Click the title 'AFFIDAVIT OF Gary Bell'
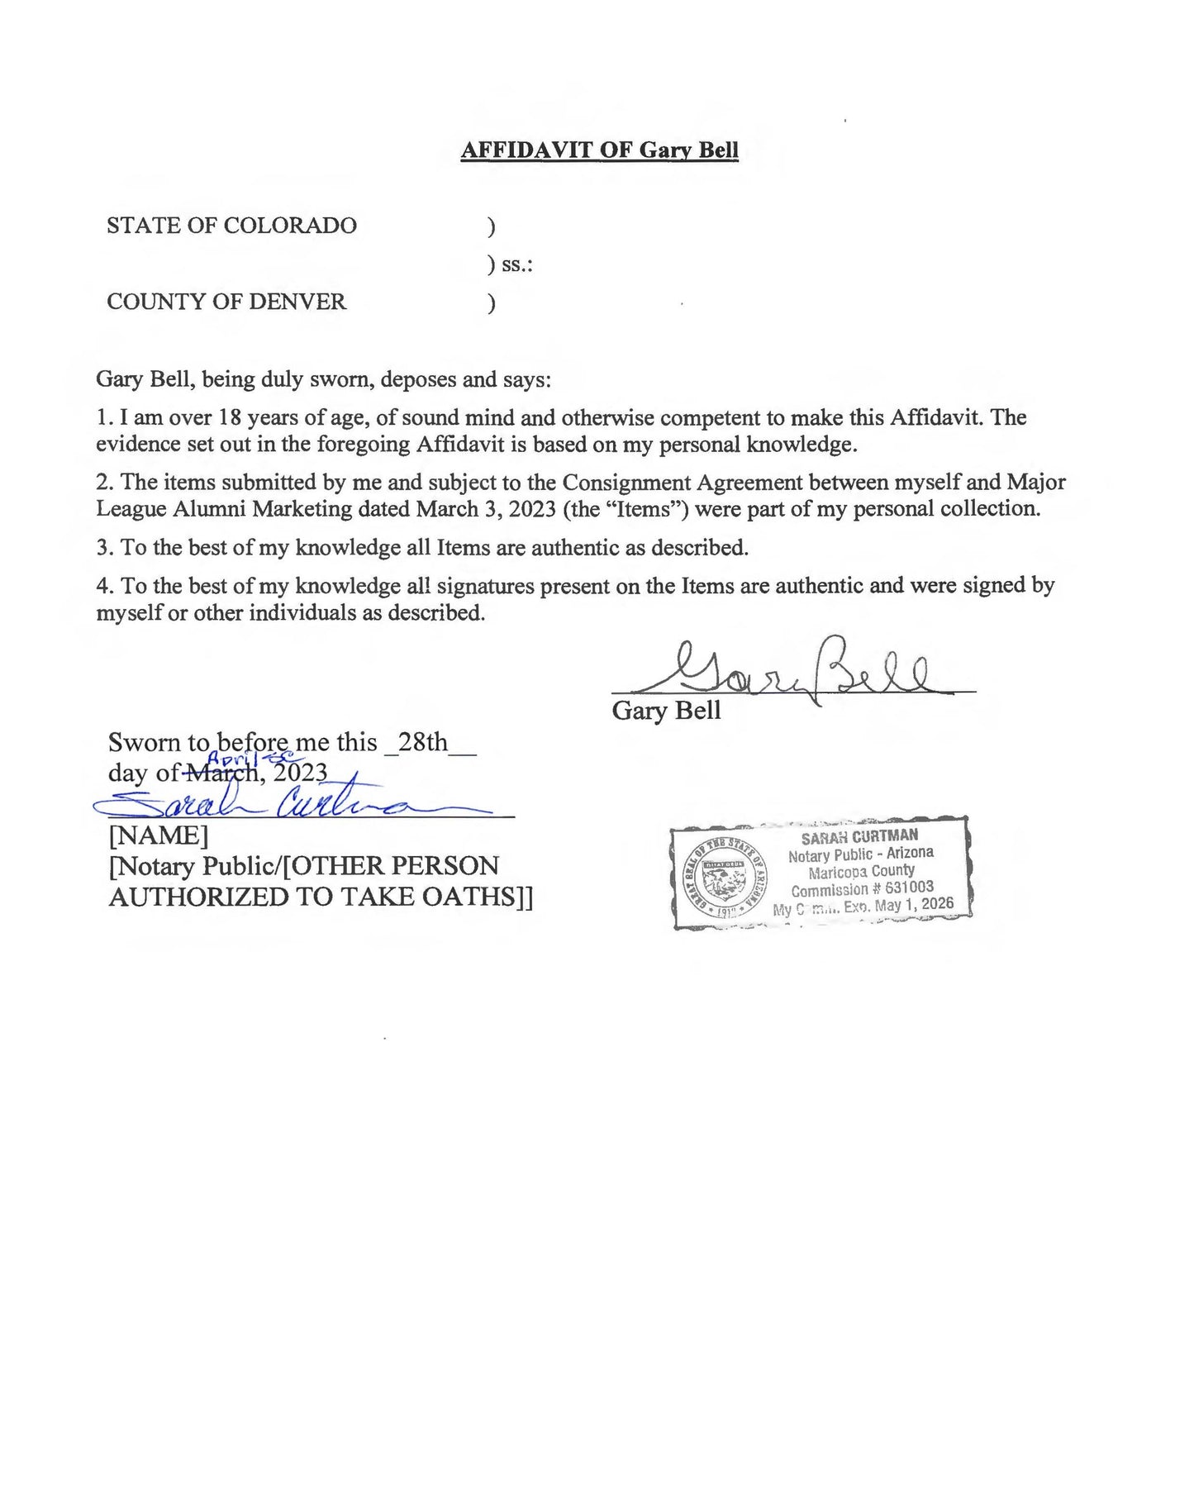599,150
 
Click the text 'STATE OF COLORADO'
231,226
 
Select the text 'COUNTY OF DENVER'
226,302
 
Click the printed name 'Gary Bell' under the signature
666,711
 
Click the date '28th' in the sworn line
422,742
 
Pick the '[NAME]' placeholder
158,835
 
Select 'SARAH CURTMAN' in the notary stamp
859,836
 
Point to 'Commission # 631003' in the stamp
862,889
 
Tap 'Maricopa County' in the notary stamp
861,871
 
